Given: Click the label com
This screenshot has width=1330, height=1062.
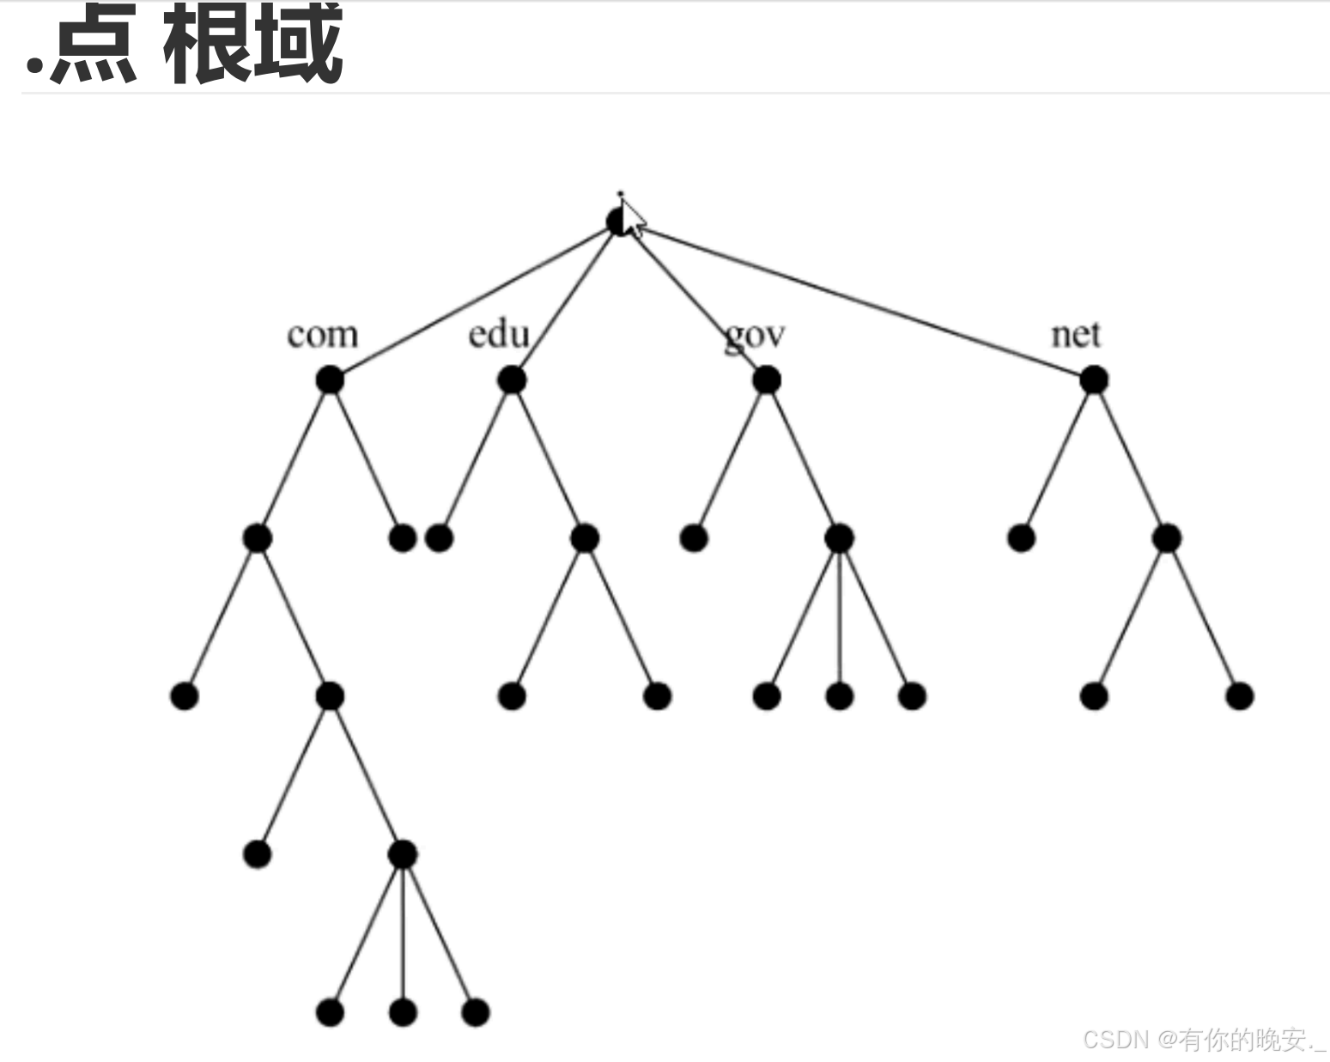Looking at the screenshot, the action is coord(322,335).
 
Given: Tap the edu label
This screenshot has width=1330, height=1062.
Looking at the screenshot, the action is coord(498,334).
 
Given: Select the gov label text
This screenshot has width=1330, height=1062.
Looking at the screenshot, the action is coord(754,336).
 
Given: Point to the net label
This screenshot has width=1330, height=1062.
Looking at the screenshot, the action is coord(1075,334).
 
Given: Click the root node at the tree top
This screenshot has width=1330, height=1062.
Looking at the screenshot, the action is coord(617,222).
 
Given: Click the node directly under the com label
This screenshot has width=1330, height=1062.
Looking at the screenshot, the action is coord(330,379).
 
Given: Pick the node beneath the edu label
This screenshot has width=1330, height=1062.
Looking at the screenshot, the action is coord(512,379).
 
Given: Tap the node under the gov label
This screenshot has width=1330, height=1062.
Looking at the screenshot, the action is coord(766,379).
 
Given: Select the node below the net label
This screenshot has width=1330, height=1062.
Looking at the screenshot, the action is coord(1093,379).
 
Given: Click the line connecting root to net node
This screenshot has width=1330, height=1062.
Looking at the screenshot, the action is coord(859,300).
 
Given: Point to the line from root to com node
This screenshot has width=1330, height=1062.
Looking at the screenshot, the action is coord(472,301).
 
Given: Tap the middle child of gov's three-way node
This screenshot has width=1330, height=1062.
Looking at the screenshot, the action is coord(839,695).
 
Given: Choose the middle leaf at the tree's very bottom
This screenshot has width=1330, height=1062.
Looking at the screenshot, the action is coord(403,1012).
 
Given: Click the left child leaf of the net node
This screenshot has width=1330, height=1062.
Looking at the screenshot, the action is coord(1021,538).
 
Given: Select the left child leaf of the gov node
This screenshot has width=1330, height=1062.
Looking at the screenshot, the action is coord(694,538).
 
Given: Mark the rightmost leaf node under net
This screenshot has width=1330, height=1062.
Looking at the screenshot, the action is coord(1239,695).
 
